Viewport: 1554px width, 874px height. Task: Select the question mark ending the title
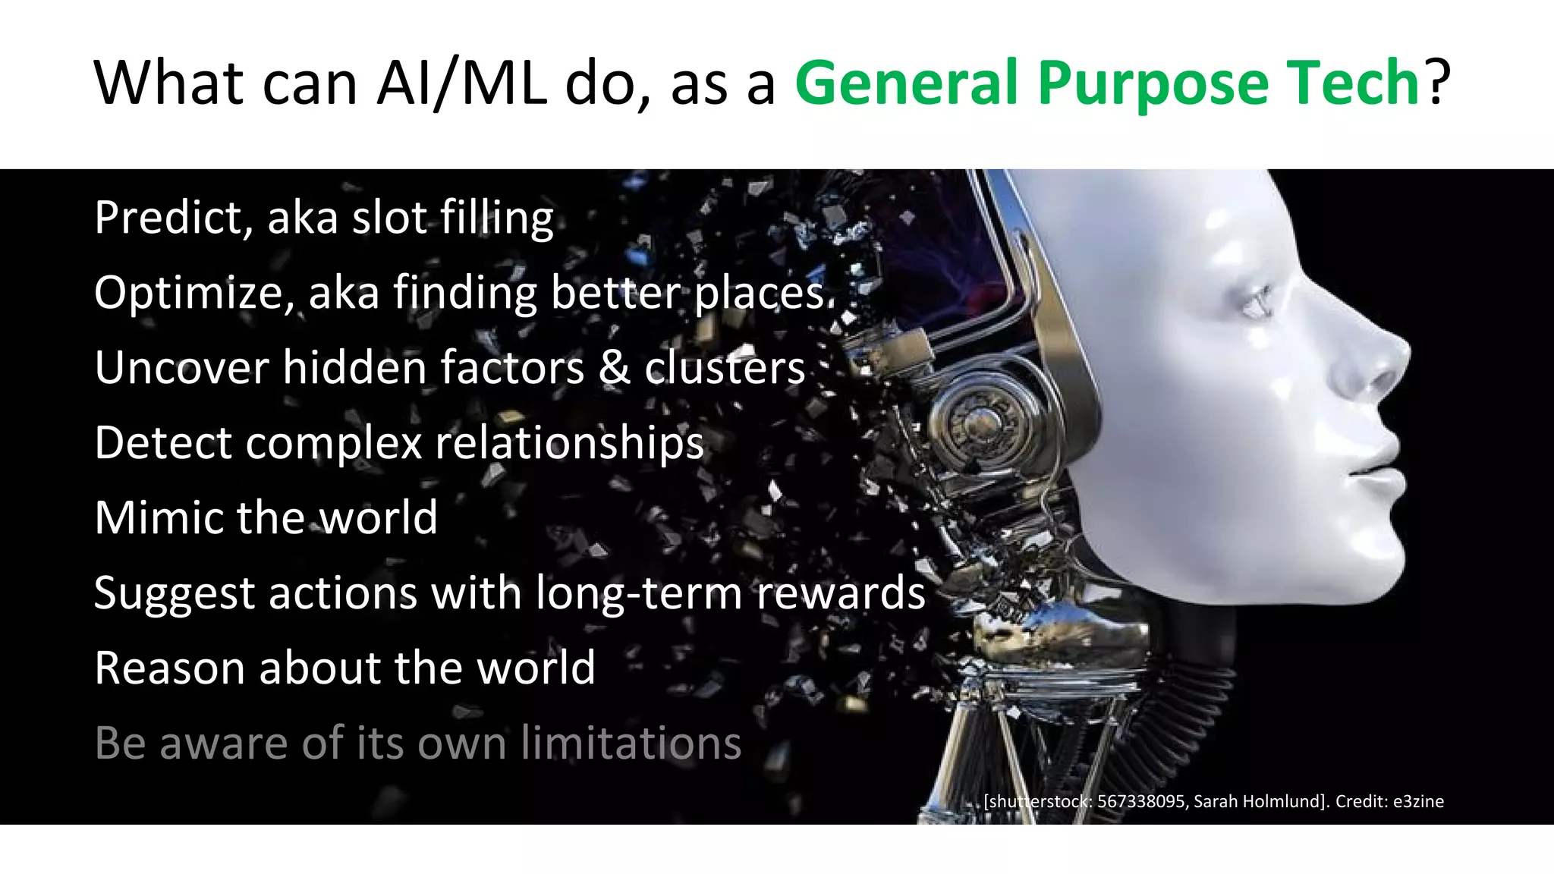click(x=1437, y=82)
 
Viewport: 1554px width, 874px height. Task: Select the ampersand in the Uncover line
click(x=614, y=367)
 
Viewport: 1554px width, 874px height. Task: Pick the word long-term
click(x=638, y=593)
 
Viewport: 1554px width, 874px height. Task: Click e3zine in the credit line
click(x=1418, y=801)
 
